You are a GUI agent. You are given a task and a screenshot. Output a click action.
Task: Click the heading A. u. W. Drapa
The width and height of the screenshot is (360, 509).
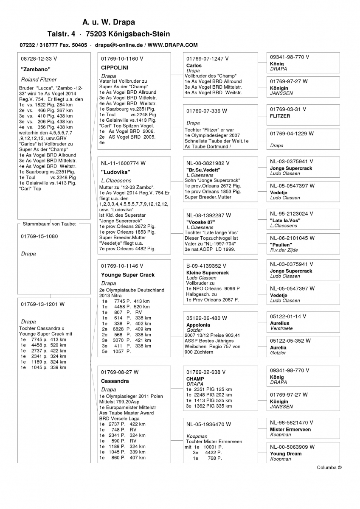(x=109, y=22)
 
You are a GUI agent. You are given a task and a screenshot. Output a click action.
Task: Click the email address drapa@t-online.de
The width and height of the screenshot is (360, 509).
(x=118, y=45)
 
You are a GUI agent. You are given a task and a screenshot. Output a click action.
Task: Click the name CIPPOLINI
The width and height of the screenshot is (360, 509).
(x=115, y=67)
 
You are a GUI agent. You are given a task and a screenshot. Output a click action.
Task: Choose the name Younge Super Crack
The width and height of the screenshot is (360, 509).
(x=128, y=275)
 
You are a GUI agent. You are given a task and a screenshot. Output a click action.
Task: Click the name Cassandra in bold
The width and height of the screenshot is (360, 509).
(x=115, y=381)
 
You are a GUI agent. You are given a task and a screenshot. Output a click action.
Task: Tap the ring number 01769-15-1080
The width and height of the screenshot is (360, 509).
(x=39, y=236)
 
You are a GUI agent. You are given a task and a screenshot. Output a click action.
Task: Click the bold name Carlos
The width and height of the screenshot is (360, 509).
(x=194, y=66)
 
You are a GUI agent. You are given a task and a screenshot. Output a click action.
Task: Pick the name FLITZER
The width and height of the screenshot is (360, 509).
(x=280, y=116)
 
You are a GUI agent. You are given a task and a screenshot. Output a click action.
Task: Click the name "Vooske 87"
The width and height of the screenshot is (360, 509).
(x=201, y=222)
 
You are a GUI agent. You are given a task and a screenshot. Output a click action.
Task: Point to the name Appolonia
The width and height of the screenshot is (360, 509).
(x=198, y=325)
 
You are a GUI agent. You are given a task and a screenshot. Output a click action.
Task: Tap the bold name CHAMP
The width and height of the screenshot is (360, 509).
(x=195, y=379)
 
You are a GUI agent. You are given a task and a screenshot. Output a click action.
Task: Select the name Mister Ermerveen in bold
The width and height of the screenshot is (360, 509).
(x=290, y=429)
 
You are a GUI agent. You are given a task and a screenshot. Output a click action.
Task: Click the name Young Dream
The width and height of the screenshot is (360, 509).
(x=286, y=453)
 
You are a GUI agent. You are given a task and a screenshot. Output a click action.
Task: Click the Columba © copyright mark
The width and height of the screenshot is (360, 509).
(x=329, y=467)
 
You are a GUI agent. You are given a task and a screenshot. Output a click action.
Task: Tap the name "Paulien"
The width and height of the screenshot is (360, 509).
(x=281, y=245)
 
